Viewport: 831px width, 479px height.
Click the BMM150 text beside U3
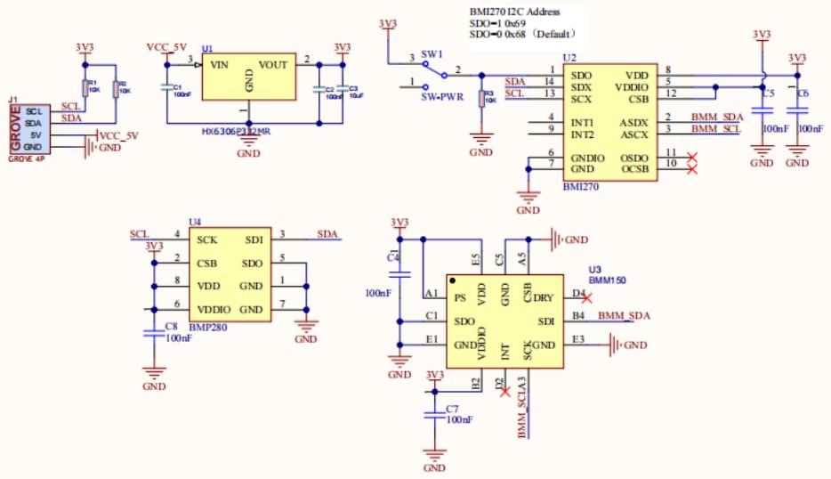tap(607, 280)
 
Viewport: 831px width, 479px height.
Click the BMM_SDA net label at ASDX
tap(716, 118)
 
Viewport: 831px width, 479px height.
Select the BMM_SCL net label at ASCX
tap(716, 130)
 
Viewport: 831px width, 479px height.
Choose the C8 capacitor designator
tap(171, 327)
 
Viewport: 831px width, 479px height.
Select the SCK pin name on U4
tap(207, 239)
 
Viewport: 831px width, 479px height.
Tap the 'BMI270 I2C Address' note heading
tap(514, 11)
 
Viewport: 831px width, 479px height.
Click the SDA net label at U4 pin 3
tap(327, 234)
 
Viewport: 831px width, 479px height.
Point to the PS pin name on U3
tap(459, 298)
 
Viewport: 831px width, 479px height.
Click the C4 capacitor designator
tap(392, 256)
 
